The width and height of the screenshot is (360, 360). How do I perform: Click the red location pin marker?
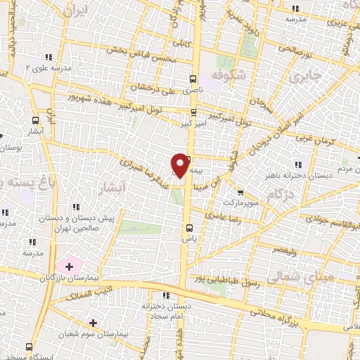(180, 165)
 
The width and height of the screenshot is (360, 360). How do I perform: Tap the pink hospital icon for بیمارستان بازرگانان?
(69, 266)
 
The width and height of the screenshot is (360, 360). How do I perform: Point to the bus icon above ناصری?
(193, 79)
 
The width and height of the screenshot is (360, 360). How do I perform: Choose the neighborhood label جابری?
(309, 75)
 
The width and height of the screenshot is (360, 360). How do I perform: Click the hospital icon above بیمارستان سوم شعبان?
(93, 322)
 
